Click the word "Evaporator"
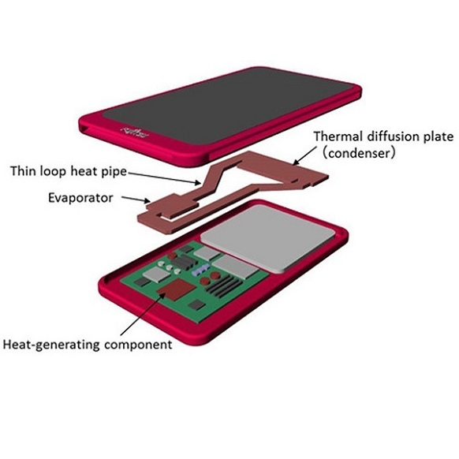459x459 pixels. [80, 198]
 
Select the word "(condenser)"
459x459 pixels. [359, 153]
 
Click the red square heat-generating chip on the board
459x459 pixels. [176, 289]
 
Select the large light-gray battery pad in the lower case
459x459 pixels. [268, 238]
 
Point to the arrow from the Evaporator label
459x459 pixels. [136, 200]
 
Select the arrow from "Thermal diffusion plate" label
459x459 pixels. [304, 156]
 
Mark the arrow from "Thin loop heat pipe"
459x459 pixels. [165, 178]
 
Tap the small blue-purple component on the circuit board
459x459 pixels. [201, 270]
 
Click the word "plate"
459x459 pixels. [438, 137]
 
